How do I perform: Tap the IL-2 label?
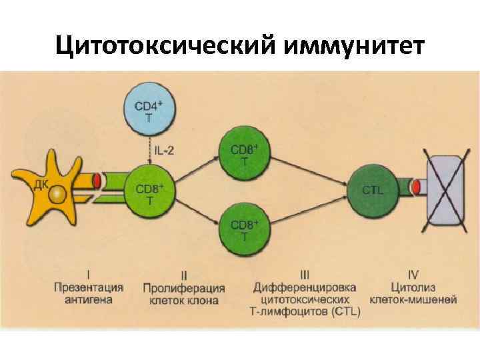click(165, 151)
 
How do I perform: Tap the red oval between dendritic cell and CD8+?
click(97, 180)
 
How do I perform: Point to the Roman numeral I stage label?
click(89, 274)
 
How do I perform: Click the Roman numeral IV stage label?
click(413, 274)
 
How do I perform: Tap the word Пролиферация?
click(183, 288)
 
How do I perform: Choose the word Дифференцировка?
click(305, 287)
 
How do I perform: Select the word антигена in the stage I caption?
click(89, 300)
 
